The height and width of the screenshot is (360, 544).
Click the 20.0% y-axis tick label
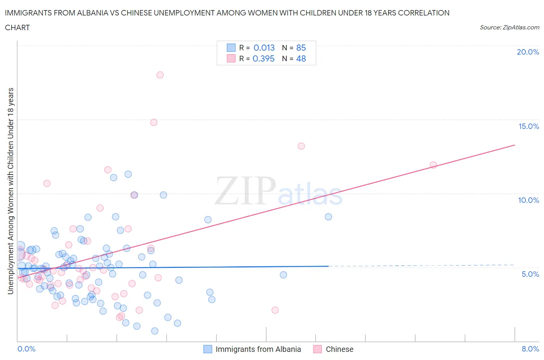(x=528, y=52)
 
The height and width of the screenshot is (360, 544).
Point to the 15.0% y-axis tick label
(x=529, y=126)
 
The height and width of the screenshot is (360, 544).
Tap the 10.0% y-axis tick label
(x=529, y=200)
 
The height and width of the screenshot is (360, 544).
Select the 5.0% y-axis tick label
(x=530, y=274)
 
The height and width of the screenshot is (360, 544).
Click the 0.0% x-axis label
(x=26, y=349)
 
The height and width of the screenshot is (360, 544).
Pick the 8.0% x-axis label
(x=530, y=349)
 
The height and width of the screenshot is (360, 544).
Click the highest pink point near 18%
(x=160, y=75)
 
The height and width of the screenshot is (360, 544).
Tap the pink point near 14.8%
(x=154, y=122)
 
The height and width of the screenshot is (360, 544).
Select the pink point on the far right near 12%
(x=433, y=165)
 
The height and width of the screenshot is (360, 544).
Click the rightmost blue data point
(x=328, y=217)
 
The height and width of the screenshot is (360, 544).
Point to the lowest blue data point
(x=155, y=331)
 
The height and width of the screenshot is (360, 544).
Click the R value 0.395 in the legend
(x=263, y=58)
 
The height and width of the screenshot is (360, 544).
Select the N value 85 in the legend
(x=301, y=48)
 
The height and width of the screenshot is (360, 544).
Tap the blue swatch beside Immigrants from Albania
(x=208, y=349)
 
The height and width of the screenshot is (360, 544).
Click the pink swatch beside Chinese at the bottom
(x=318, y=349)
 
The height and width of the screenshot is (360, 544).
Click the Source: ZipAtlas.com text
(x=509, y=27)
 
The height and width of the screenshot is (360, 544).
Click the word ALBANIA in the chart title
(x=104, y=13)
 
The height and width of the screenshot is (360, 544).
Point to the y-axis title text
(x=10, y=191)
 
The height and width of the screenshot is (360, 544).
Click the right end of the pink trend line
(x=515, y=145)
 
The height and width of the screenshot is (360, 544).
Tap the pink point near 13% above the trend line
(x=301, y=146)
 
